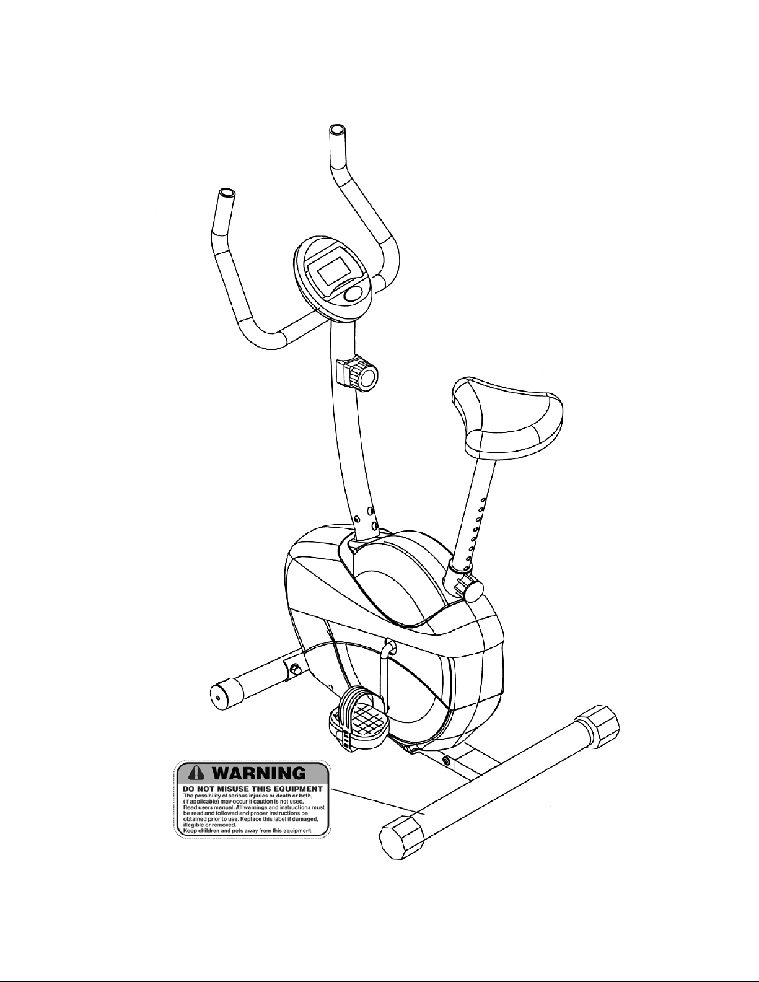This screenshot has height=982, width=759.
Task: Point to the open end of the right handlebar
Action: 337,129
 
